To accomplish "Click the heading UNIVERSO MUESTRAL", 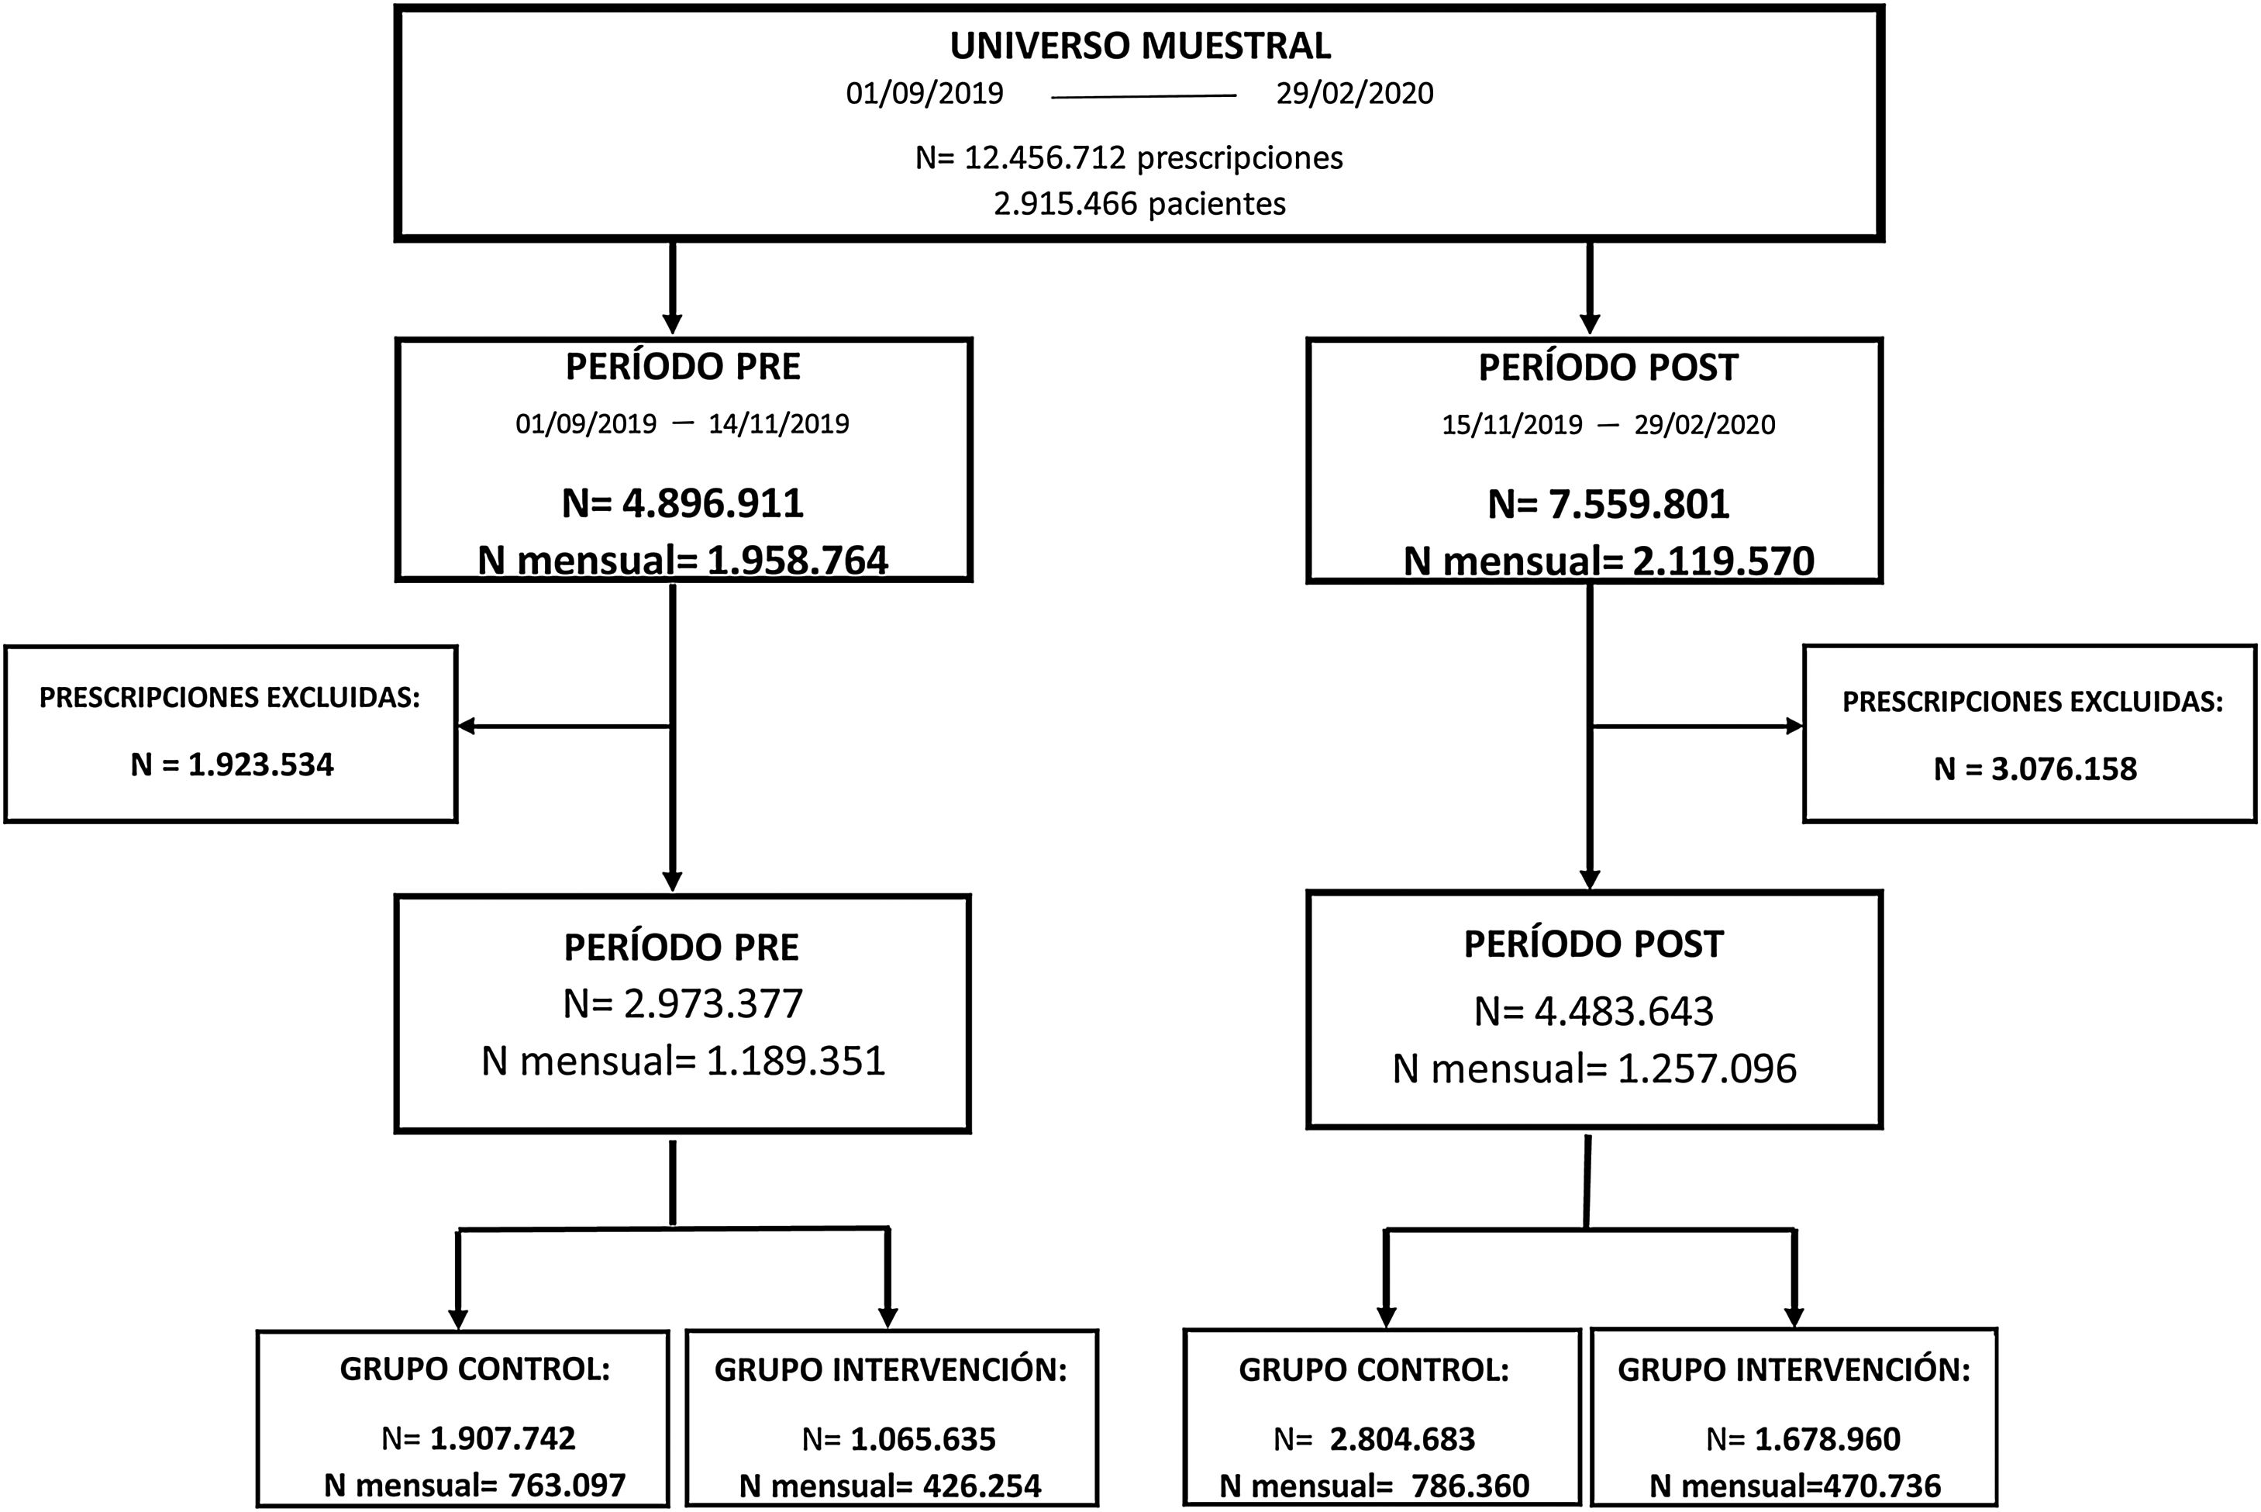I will [1140, 45].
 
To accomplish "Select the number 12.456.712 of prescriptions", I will [1044, 157].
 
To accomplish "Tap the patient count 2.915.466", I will [1065, 203].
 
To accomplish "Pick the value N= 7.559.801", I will [1608, 503].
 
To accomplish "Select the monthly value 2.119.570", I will [1723, 561].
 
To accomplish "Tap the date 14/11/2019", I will [779, 423].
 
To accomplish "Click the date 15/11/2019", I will [1511, 424].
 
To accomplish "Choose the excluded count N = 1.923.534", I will [233, 765].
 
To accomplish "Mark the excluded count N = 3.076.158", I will [2035, 768].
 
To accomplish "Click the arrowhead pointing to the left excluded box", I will [467, 726].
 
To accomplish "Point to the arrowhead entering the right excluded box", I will [1794, 726].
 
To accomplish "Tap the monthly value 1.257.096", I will [1707, 1068].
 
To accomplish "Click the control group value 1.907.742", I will [502, 1438].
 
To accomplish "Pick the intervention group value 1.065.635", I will [922, 1438].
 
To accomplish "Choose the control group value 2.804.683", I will [1401, 1438].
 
